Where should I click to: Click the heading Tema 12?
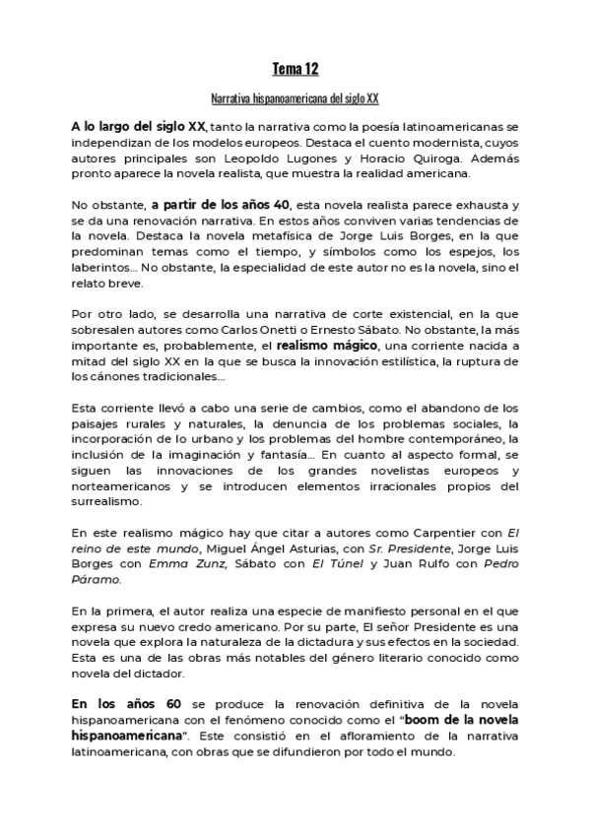coord(295,69)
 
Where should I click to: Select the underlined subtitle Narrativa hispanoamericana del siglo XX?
coord(295,99)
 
